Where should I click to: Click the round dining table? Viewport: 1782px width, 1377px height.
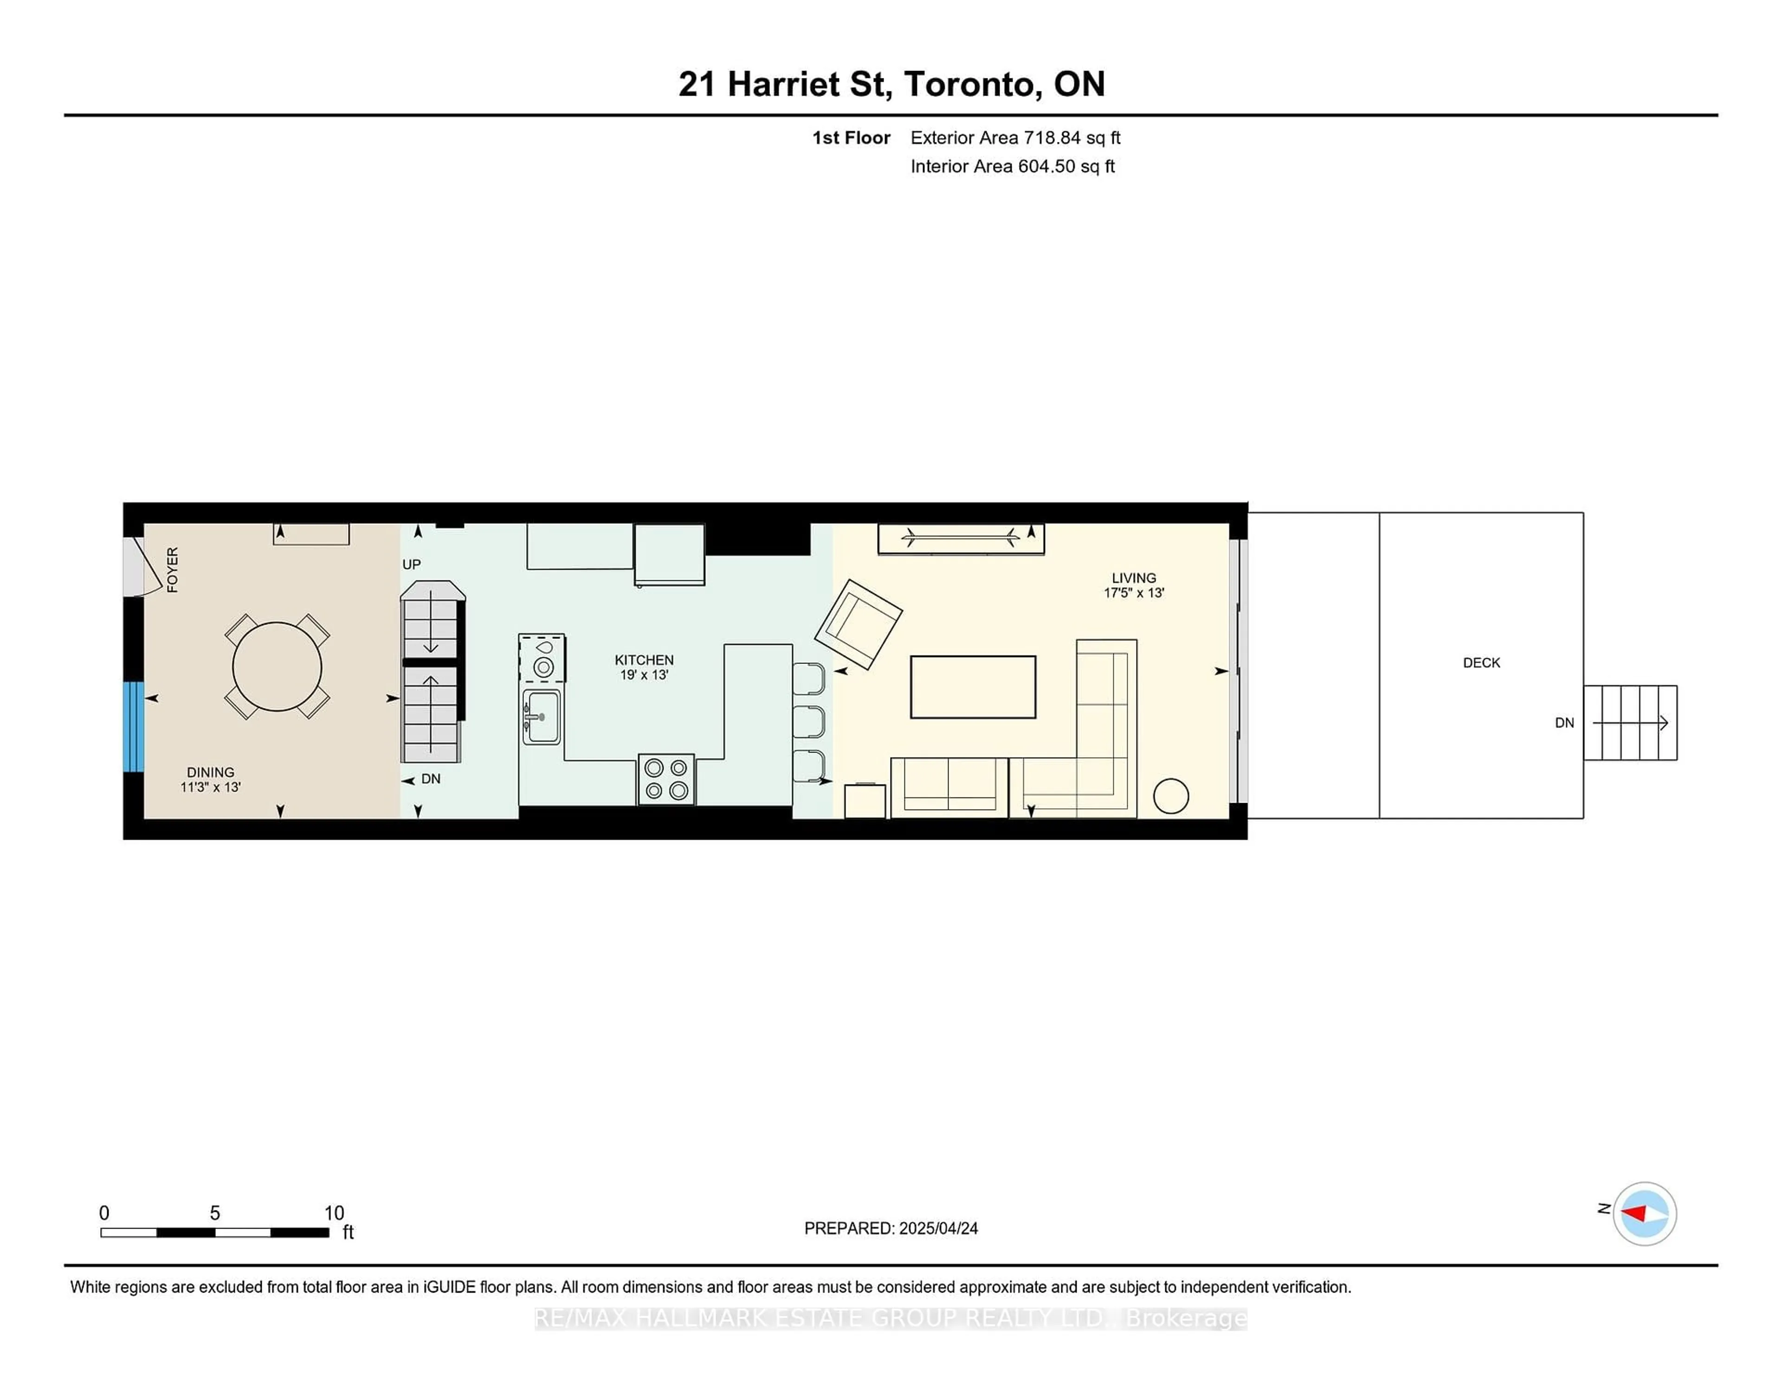click(x=278, y=667)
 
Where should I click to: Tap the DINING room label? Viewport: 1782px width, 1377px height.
click(x=211, y=772)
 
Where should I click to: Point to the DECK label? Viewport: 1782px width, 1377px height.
click(x=1482, y=663)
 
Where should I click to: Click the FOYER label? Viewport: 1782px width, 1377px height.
click(x=172, y=569)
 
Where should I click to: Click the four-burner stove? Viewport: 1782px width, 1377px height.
click(x=666, y=779)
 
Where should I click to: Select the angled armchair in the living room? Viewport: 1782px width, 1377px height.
click(x=859, y=624)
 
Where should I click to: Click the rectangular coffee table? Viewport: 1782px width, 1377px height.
click(x=973, y=687)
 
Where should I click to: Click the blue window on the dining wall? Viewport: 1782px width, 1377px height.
click(x=134, y=727)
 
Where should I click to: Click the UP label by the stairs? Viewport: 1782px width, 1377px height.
click(x=411, y=565)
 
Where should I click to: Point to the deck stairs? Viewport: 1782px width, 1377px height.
click(x=1630, y=723)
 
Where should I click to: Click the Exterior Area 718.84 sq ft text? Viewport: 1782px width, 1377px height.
click(x=1015, y=138)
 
